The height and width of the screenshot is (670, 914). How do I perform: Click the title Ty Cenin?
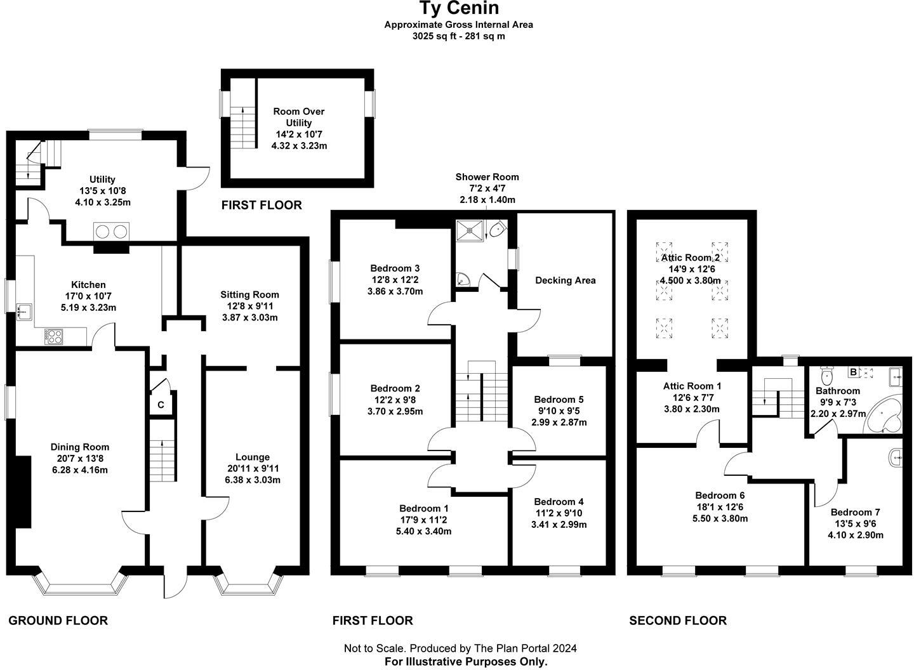click(458, 8)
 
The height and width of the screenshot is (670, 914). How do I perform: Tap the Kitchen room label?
click(88, 285)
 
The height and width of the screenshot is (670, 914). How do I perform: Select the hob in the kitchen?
click(53, 336)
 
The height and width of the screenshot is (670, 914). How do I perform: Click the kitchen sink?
click(25, 311)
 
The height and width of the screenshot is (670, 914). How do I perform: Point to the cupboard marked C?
click(161, 405)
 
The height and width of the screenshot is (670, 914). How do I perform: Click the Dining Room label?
click(80, 447)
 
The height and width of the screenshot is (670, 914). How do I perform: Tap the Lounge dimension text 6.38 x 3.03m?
click(252, 480)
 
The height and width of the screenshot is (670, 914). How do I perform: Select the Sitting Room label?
click(249, 294)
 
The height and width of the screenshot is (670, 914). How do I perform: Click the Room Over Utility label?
click(299, 117)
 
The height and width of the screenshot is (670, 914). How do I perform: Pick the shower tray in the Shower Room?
click(470, 229)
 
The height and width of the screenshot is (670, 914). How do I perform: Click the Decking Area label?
click(565, 280)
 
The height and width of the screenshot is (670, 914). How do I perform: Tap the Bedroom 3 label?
click(395, 268)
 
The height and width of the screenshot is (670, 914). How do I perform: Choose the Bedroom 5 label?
click(559, 399)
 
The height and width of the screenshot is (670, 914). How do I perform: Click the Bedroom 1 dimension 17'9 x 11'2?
click(423, 520)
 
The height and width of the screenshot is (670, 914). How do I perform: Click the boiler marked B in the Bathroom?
click(854, 372)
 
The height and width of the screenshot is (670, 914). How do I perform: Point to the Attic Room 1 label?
click(692, 386)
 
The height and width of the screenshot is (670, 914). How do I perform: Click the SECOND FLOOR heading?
click(677, 621)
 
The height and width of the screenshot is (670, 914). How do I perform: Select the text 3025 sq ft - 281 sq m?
click(458, 36)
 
